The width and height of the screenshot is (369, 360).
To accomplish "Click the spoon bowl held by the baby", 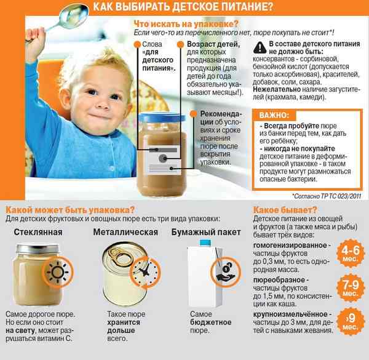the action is [x=74, y=16].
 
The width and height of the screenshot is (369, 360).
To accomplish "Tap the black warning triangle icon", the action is [x=260, y=47].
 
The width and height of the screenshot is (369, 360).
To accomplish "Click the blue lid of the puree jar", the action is [x=162, y=117].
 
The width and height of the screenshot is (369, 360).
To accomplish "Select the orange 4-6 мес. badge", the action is [x=351, y=253].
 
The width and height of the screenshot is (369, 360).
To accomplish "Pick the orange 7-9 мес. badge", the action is [x=351, y=287].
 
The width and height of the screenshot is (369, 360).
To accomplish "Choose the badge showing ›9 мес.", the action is [x=351, y=321].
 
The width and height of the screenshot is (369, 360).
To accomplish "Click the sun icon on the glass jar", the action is [x=58, y=272].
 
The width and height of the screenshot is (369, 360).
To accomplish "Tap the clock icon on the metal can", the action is [x=145, y=272].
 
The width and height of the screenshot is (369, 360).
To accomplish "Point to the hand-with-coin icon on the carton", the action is [x=226, y=272].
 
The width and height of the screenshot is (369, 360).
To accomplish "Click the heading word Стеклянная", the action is [x=38, y=232].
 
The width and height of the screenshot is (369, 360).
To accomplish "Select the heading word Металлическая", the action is [x=125, y=232].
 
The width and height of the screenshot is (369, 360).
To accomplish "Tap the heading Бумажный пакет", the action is [x=206, y=232].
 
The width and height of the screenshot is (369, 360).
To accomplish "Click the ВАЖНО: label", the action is [x=274, y=115].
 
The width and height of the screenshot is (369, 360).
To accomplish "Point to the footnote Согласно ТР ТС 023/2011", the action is [x=327, y=196].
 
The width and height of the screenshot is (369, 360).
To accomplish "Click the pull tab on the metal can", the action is [x=119, y=255].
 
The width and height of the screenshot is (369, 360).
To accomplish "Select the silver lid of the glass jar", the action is [x=37, y=249].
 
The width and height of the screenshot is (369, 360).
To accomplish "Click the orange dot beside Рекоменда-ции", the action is [x=194, y=114].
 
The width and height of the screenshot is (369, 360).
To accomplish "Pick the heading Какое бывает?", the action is [x=285, y=210].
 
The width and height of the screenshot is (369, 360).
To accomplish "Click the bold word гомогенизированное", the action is [x=290, y=246].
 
